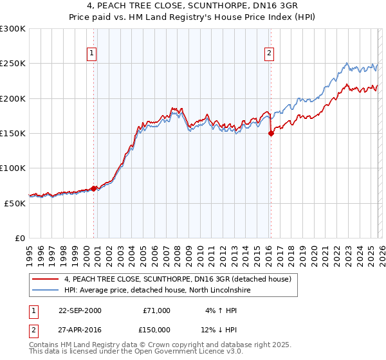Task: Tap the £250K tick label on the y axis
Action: tap(12, 64)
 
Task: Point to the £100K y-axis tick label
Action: tap(12, 168)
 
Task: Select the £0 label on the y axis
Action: tap(19, 238)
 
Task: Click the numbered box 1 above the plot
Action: tap(93, 54)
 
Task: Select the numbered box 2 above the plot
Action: tap(269, 54)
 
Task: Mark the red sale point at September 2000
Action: tap(94, 188)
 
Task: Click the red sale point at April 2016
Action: tap(271, 134)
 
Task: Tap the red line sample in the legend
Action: tap(46, 280)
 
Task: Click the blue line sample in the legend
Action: tap(46, 291)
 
